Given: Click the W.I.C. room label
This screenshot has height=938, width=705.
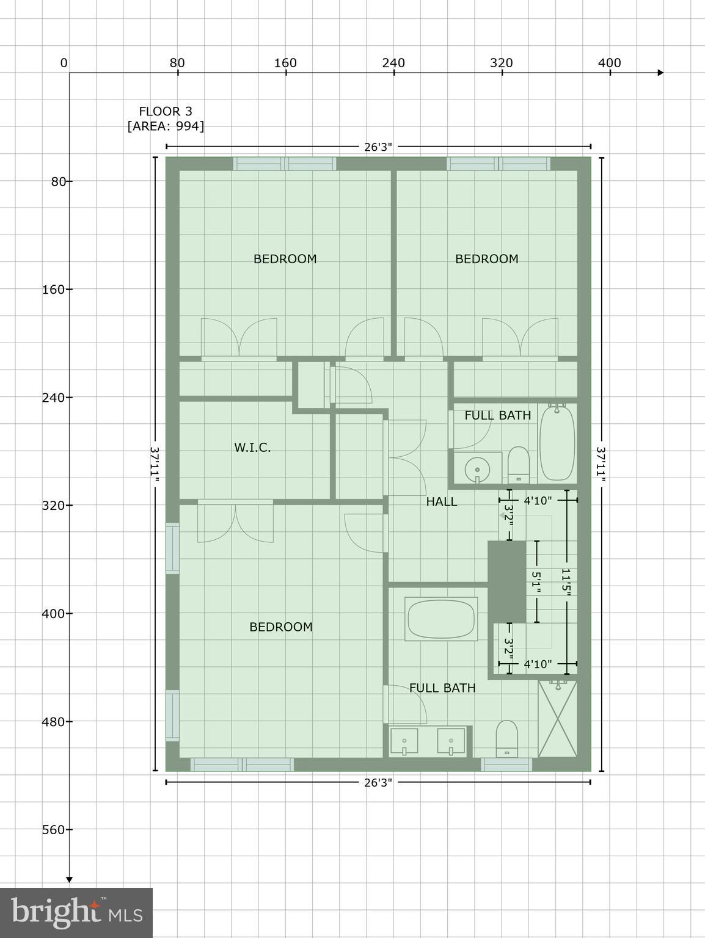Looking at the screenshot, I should (252, 448).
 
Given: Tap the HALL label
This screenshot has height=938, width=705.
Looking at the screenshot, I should (441, 501).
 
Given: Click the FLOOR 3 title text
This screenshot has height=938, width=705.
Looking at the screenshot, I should (166, 111).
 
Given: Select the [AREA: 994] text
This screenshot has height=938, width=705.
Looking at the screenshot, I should (166, 126).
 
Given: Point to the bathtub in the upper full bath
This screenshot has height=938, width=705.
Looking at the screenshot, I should (557, 442).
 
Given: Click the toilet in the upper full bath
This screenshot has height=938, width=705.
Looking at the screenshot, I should (519, 464).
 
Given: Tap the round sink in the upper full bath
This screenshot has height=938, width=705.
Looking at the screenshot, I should (477, 469).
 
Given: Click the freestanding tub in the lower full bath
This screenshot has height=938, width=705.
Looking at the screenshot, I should (442, 619).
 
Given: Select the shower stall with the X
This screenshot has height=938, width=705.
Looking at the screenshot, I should (557, 719).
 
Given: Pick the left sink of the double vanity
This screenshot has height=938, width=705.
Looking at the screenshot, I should (404, 741).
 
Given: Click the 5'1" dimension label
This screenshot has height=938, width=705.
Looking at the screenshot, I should (536, 583).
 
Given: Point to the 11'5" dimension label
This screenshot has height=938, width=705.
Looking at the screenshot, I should (566, 583).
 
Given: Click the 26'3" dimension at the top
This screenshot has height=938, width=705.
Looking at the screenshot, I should (378, 147).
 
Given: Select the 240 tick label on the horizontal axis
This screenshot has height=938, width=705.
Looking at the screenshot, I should (393, 63).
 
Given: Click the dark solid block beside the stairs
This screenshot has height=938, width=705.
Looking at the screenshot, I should (506, 581).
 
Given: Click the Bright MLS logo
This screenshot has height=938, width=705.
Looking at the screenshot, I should (76, 912).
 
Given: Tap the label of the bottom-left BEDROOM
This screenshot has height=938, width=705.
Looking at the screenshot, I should (281, 627).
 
